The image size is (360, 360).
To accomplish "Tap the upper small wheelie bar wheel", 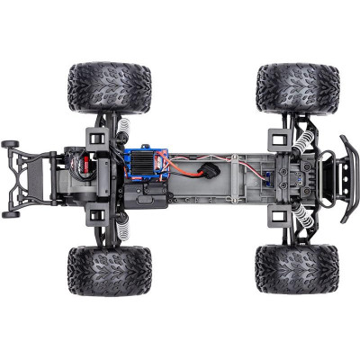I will tap(11, 143).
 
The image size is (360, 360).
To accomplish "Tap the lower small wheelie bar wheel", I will tap(11, 213).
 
